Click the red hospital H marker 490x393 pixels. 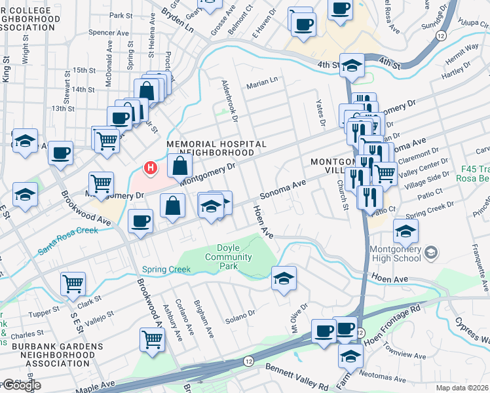(151, 168)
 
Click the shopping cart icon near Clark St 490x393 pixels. (73, 283)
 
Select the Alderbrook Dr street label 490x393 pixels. (229, 101)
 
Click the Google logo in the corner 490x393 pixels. (21, 385)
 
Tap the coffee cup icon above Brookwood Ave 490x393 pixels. (141, 220)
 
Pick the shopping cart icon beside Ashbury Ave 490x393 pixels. (152, 340)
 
